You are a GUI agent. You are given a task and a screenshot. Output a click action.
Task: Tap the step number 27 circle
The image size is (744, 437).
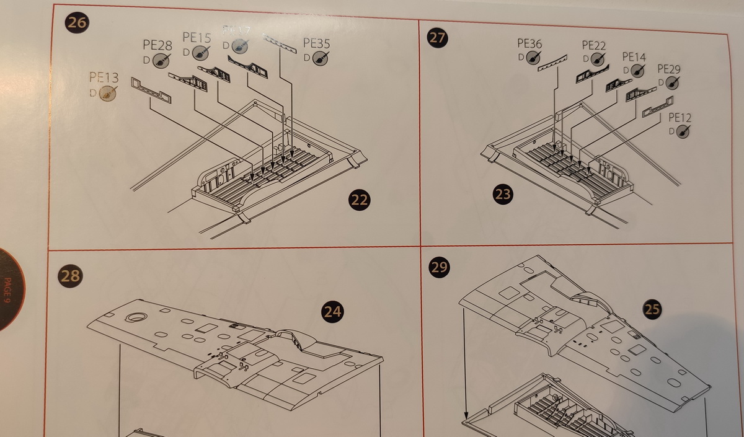(x=438, y=37)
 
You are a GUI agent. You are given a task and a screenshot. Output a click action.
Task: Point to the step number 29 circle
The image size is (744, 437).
(x=439, y=267)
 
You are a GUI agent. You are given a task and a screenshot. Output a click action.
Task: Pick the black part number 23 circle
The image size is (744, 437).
(x=503, y=195)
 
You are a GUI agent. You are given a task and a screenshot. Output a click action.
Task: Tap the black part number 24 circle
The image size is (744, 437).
(x=333, y=312)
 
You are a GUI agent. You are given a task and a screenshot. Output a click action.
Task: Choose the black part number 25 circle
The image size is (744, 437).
(x=652, y=310)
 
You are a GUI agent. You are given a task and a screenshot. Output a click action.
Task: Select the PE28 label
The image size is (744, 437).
(x=157, y=46)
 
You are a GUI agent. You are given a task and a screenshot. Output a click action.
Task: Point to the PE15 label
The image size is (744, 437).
(x=197, y=38)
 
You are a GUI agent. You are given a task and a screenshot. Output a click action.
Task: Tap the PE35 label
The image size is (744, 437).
(x=316, y=43)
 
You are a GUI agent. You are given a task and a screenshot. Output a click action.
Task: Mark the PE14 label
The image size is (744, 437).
(x=634, y=57)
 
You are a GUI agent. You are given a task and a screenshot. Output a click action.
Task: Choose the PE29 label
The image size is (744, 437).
(x=668, y=69)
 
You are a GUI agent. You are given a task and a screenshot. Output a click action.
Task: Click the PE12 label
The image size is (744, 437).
(x=680, y=118)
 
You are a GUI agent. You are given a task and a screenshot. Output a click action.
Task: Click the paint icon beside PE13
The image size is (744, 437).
(x=108, y=93)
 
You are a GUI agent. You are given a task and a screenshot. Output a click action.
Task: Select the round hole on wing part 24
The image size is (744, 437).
(x=133, y=317)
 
